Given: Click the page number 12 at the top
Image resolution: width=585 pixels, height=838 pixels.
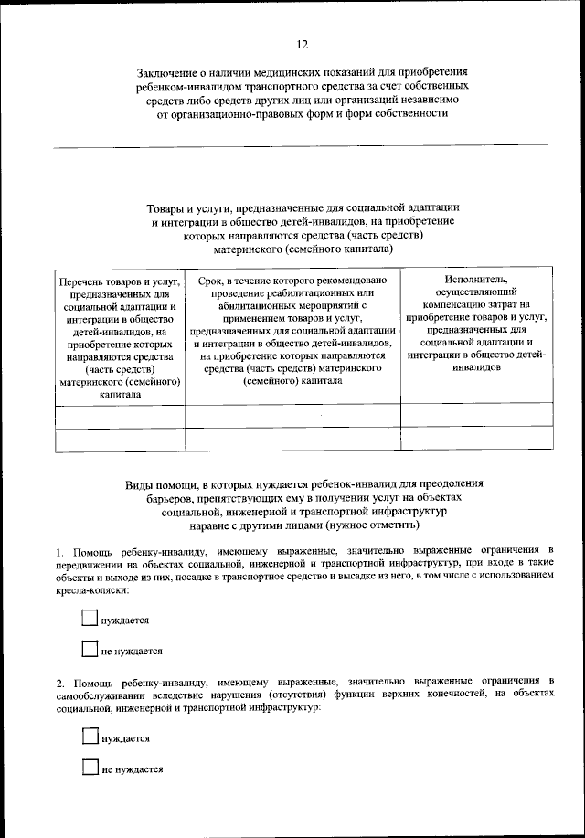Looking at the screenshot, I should pos(301,44).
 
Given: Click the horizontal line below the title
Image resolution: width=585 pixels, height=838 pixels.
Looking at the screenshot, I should pos(301,145).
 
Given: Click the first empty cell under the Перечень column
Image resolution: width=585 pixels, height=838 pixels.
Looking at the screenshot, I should pos(120,415).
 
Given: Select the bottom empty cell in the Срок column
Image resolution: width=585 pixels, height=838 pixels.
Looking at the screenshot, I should pos(292,439).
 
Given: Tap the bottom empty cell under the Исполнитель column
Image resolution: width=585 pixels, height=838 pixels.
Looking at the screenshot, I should pos(476,439).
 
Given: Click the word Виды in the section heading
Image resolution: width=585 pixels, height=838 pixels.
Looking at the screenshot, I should pos(142,483).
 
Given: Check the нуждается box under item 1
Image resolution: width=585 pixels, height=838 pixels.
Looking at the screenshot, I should pos(90,619).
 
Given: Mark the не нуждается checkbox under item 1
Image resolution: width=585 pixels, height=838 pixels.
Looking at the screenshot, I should pos(90,650).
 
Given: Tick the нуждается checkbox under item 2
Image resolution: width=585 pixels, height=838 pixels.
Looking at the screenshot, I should pos(90,737).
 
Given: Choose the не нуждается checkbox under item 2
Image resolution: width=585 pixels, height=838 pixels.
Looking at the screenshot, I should pos(90,768).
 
